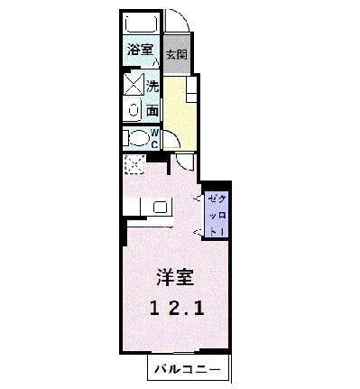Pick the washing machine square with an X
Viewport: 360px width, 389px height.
(133, 88)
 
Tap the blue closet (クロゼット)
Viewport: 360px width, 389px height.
(217, 214)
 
